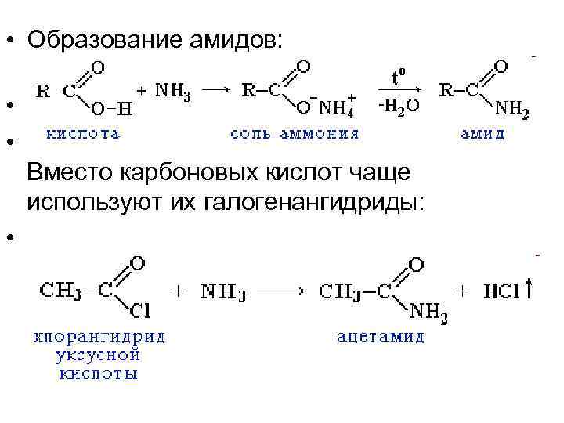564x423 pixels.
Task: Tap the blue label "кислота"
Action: click(x=84, y=134)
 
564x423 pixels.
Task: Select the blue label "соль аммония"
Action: click(x=295, y=134)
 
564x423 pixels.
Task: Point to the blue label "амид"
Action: click(x=482, y=134)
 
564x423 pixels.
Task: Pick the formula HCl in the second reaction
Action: click(x=501, y=291)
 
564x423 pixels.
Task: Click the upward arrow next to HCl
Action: click(x=530, y=290)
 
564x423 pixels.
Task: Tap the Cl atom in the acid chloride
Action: click(x=141, y=312)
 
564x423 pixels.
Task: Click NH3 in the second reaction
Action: click(x=223, y=291)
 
